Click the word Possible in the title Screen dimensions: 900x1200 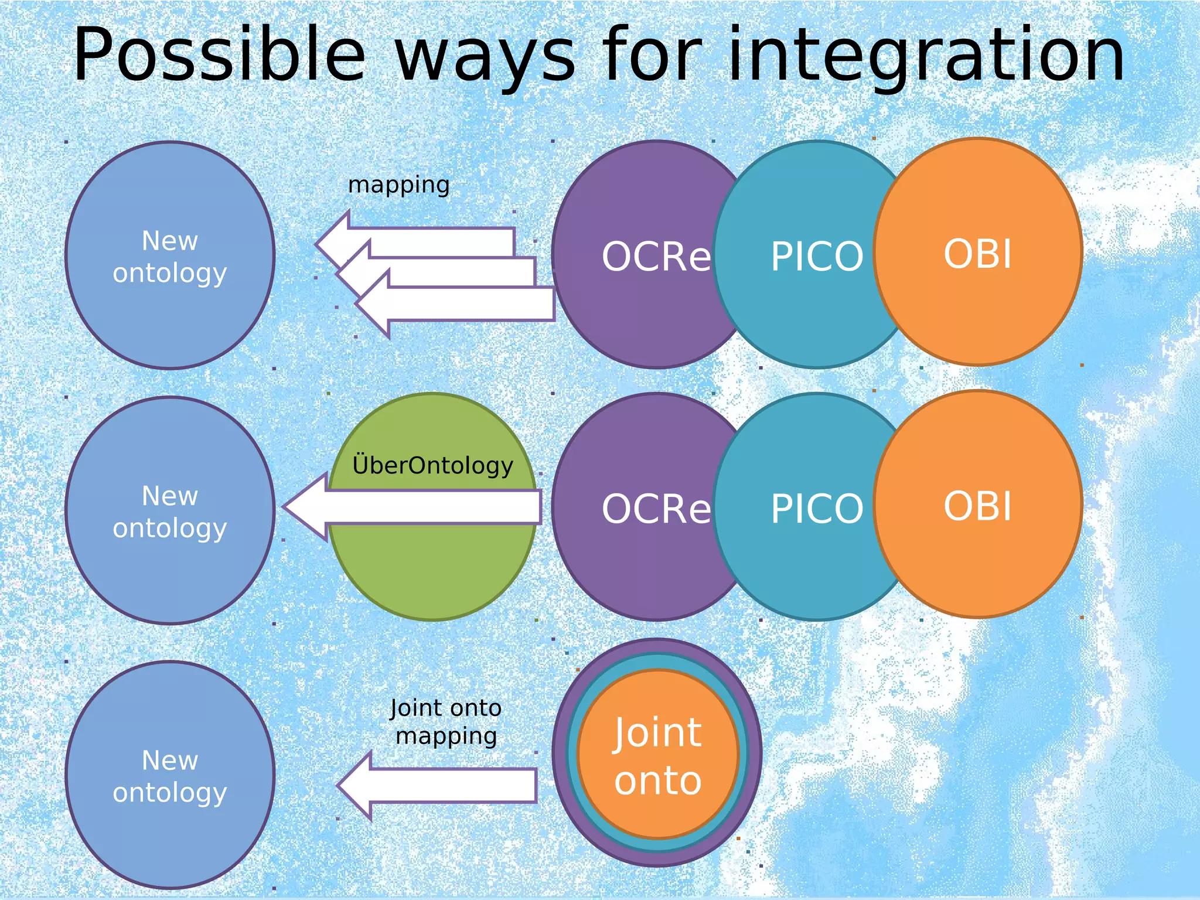pos(220,56)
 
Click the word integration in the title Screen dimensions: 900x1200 pos(926,56)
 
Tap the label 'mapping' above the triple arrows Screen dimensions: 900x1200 pos(399,185)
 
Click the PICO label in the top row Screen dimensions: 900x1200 pos(817,257)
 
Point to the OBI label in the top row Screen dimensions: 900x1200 pos(977,254)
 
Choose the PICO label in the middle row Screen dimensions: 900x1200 pos(817,509)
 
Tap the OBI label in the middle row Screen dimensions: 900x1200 pos(977,506)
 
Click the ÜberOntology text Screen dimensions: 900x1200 pos(432,466)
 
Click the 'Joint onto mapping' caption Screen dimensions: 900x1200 pos(446,722)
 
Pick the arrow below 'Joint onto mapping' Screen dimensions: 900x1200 pos(451,785)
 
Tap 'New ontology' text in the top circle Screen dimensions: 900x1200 pos(170,257)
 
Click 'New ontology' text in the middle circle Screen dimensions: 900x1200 pos(170,512)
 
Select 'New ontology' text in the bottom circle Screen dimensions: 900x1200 pos(170,776)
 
